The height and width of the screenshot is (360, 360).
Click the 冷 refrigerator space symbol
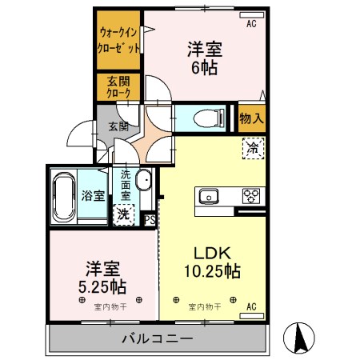(x=251, y=148)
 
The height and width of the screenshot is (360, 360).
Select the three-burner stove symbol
(x=251, y=196)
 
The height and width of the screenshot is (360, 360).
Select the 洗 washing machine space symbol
(x=124, y=214)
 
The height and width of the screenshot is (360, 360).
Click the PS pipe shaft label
(x=149, y=218)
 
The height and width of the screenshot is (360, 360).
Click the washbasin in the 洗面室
(x=144, y=181)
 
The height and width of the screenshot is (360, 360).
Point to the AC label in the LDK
(x=251, y=306)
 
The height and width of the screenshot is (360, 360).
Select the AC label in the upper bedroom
(x=251, y=24)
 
